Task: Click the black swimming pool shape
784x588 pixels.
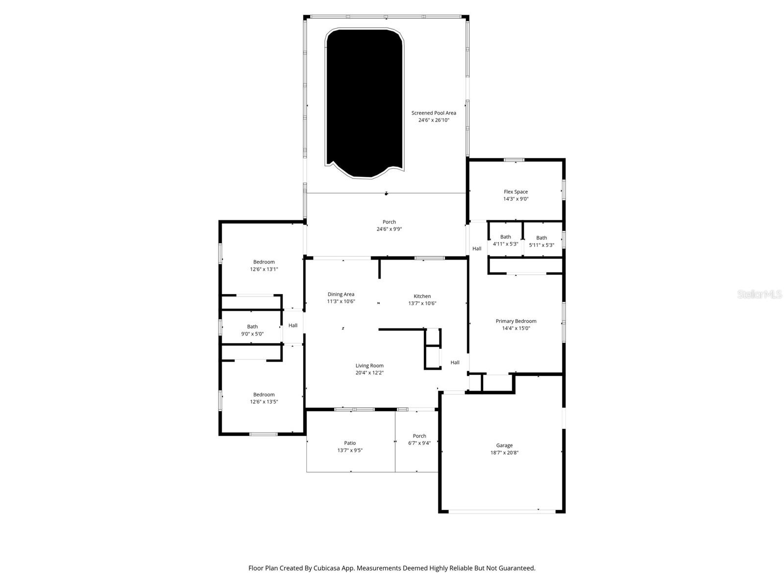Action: tap(365, 103)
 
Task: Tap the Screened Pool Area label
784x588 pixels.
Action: tap(433, 113)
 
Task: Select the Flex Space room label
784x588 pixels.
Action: tap(515, 192)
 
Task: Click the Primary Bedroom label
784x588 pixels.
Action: tap(515, 321)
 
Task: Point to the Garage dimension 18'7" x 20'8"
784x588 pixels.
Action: tap(504, 453)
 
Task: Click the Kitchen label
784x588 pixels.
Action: tap(422, 296)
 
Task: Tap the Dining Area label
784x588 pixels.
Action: tap(341, 294)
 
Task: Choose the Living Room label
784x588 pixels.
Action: tap(369, 366)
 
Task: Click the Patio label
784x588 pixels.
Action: tap(350, 443)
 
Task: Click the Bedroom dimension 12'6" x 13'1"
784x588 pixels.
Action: tap(264, 269)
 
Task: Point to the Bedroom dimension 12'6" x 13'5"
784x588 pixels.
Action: tap(264, 402)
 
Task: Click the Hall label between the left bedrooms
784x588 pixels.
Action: tap(293, 325)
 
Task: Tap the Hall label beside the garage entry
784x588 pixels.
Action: tap(455, 363)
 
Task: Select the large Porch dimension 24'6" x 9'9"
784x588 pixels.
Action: tap(389, 229)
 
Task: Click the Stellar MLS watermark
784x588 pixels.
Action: tap(759, 294)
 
